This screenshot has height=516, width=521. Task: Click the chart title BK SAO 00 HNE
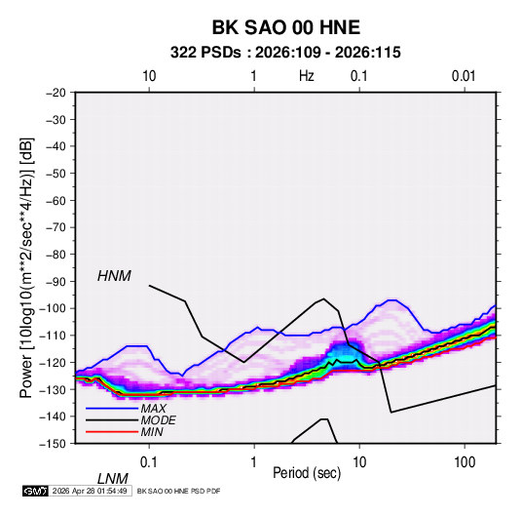pos(286,27)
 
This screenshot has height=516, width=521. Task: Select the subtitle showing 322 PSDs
pos(285,53)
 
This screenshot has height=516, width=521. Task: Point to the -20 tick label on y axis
pos(56,93)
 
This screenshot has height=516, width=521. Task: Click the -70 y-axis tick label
pos(56,227)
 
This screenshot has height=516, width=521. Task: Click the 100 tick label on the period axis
pos(465,462)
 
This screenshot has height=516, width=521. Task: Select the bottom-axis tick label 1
pos(254,462)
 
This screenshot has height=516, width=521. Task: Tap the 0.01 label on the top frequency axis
pos(464,76)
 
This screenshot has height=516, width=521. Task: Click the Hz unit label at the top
pos(307,76)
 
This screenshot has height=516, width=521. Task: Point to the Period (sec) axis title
pos(307,473)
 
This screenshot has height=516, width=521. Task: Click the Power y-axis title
pos(26,268)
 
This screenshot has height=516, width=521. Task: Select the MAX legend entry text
pos(153,409)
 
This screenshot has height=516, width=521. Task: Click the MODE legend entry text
pos(158,420)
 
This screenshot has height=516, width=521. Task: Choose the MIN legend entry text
pos(152,432)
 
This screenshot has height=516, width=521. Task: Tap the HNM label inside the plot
pos(114,276)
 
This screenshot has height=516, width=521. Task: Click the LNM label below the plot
pos(113,479)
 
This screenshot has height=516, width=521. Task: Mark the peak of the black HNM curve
pos(323,298)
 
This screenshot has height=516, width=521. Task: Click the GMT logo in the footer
pos(35,491)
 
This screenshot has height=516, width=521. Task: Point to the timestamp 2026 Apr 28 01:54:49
pos(90,491)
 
